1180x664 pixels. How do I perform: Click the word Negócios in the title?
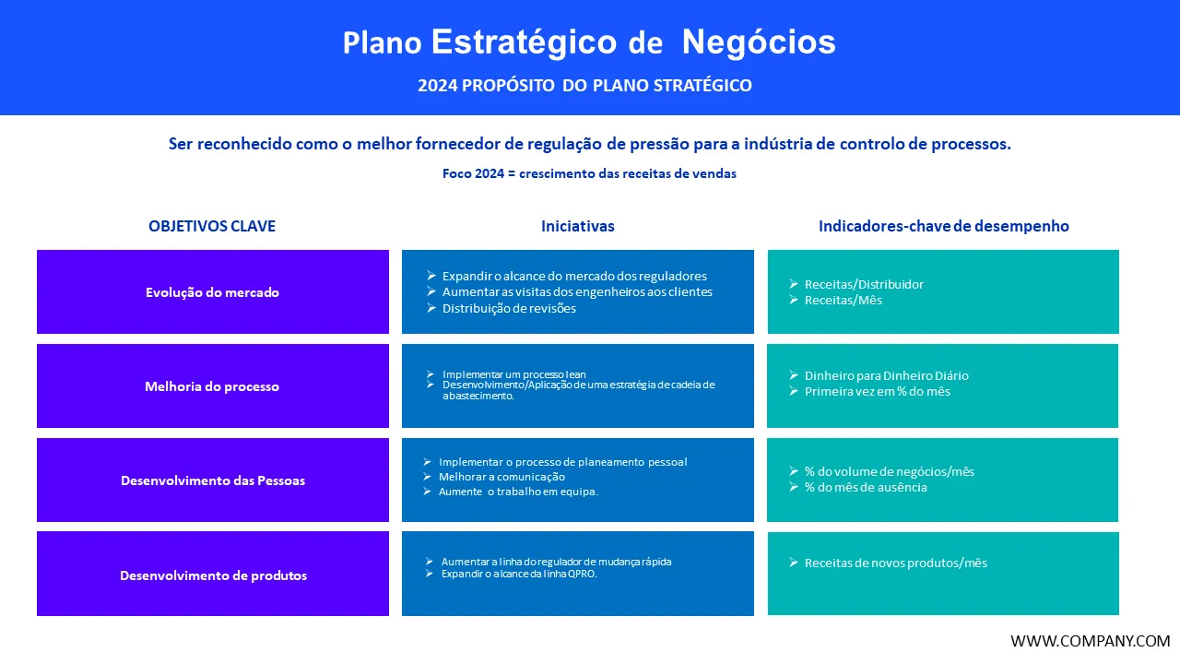(759, 42)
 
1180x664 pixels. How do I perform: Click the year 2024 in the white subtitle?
(437, 86)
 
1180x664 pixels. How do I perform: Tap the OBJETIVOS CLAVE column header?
(212, 226)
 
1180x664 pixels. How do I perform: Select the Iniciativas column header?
(578, 226)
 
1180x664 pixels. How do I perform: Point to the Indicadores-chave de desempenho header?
(943, 226)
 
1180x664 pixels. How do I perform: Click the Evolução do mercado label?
(212, 292)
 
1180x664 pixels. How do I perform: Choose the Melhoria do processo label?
(212, 386)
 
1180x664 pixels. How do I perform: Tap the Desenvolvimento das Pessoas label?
(213, 480)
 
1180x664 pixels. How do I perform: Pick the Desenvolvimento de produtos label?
(213, 575)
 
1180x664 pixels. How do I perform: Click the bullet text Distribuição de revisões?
(509, 308)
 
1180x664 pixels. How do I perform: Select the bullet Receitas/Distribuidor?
(864, 285)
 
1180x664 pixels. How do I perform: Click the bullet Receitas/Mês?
(843, 300)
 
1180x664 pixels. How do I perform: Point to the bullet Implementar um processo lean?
(514, 374)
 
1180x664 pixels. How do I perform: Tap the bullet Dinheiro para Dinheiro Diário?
(887, 375)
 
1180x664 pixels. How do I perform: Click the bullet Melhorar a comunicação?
(501, 477)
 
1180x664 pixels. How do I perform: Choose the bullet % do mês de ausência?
(866, 487)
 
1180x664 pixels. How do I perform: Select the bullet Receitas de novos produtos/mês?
(895, 563)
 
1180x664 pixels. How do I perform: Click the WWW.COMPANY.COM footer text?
(1090, 641)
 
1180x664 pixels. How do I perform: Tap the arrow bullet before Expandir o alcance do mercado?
(431, 276)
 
